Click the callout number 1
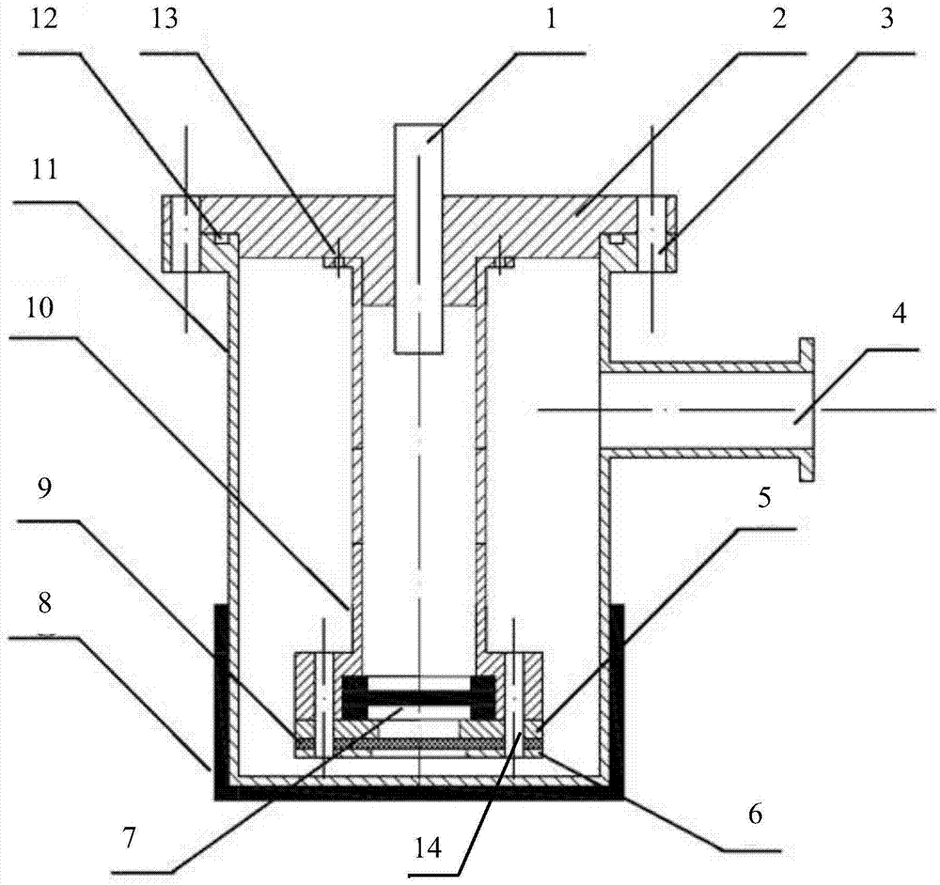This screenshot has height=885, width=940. pyautogui.click(x=552, y=20)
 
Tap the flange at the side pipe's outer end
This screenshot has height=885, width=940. pyautogui.click(x=806, y=410)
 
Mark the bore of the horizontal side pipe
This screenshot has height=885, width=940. pyautogui.click(x=696, y=411)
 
